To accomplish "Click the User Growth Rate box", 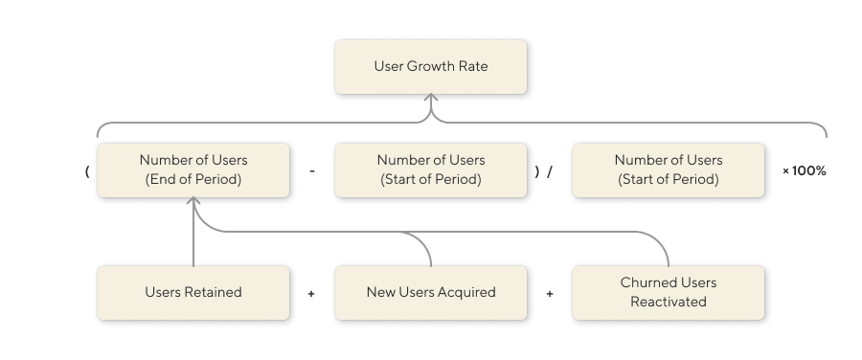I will coord(430,66).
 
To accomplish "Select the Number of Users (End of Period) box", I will coord(193,170).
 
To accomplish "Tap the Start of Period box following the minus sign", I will coord(430,170).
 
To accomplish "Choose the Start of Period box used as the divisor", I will coord(668,170).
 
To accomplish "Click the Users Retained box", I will coord(193,292).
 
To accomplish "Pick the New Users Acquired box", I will coord(430,292).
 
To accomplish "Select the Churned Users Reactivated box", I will coord(668,292).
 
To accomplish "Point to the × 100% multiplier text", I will coord(804,171).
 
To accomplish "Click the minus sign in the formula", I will coord(312,171).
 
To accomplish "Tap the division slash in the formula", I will coord(550,171).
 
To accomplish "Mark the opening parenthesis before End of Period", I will coord(87,171).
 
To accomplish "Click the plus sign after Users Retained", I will coord(311,294).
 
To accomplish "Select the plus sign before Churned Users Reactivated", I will coord(550,294).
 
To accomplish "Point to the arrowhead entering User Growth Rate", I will coord(431,98).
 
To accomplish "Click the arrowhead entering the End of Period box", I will coord(193,202).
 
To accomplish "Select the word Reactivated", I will coord(668,302).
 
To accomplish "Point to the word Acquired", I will coord(466,292).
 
